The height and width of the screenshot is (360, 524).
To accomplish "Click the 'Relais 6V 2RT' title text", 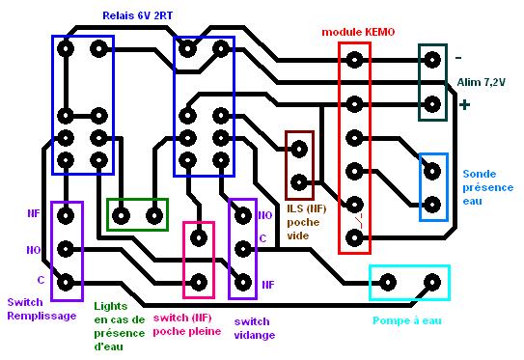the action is [137, 15].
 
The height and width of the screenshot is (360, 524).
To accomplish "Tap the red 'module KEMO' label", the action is [358, 32].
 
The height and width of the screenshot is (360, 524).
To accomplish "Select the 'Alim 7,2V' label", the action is [481, 82].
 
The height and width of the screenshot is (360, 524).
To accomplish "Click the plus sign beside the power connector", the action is [464, 105].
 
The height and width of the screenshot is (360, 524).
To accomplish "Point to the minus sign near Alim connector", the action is [458, 58].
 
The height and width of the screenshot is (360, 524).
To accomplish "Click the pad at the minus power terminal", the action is [432, 60].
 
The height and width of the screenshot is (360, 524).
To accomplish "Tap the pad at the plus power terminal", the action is [432, 104].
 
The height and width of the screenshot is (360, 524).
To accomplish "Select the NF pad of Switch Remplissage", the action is [66, 215].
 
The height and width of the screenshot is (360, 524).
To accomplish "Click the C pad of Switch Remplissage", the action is [66, 283].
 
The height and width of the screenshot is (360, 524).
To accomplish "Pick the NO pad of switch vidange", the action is [243, 215].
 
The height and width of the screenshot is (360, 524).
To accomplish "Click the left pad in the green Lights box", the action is [121, 215].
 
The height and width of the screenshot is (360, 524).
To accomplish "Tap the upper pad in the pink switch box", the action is [199, 238].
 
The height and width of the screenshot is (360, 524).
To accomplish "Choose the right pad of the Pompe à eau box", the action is [432, 283].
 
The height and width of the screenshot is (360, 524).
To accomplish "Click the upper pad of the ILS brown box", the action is [299, 149].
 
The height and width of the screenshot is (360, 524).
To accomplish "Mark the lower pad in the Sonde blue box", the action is [432, 205].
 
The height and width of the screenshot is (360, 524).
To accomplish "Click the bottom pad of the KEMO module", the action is [354, 238].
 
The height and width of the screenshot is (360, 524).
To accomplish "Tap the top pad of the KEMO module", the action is [354, 60].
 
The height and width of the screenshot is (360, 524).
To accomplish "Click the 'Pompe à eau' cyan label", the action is [407, 320].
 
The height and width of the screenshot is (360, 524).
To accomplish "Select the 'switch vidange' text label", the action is [255, 328].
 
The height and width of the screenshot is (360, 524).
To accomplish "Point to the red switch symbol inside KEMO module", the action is [359, 221].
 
